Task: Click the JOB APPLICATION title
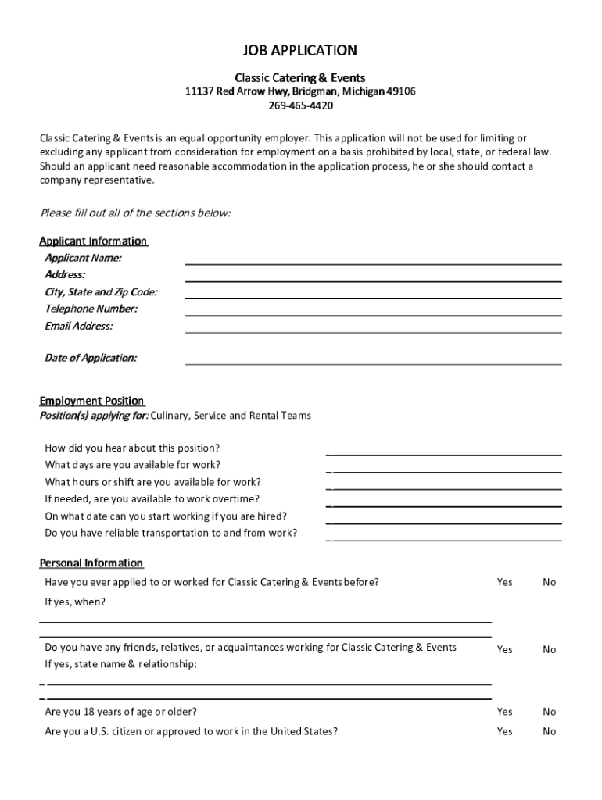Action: [x=301, y=51]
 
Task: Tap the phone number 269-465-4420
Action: [x=301, y=105]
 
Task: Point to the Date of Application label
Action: [x=91, y=358]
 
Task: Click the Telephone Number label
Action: [x=91, y=309]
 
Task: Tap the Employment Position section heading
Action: [x=91, y=401]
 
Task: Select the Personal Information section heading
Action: [x=91, y=562]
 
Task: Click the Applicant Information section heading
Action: [x=93, y=241]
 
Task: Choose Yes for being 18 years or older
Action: [x=505, y=712]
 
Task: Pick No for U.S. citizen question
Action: [x=550, y=732]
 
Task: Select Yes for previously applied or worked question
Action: [x=505, y=582]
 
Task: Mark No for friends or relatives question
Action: [x=550, y=649]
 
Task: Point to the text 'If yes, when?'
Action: [x=75, y=602]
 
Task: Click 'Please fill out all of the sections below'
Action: [x=135, y=213]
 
